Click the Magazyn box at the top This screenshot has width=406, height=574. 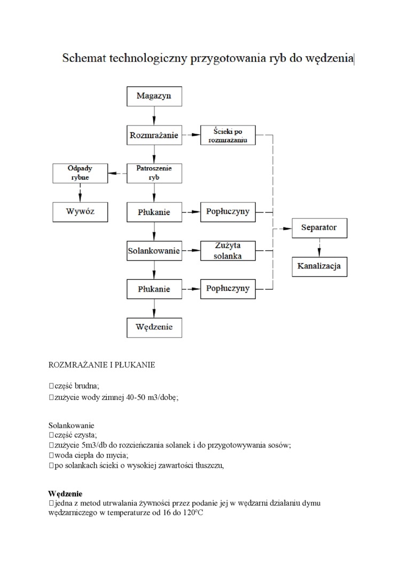pyautogui.click(x=153, y=96)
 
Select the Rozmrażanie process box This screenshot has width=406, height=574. pyautogui.click(x=153, y=135)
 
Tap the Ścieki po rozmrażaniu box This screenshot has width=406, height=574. pyautogui.click(x=228, y=135)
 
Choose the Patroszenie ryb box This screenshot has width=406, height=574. pyautogui.click(x=153, y=173)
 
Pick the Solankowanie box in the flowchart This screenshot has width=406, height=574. pyautogui.click(x=153, y=250)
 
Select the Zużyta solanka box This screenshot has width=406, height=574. pyautogui.click(x=228, y=250)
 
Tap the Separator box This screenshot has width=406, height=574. pyautogui.click(x=319, y=227)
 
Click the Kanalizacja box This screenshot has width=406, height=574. pyautogui.click(x=319, y=266)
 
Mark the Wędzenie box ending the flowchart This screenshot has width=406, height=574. pyautogui.click(x=153, y=327)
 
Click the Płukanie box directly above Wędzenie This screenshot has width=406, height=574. pyautogui.click(x=153, y=289)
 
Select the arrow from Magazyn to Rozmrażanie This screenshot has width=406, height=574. pyautogui.click(x=154, y=116)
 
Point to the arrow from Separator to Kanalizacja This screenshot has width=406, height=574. pyautogui.click(x=319, y=247)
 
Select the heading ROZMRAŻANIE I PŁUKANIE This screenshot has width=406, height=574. pyautogui.click(x=101, y=365)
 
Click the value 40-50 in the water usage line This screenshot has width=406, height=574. pyautogui.click(x=138, y=397)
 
